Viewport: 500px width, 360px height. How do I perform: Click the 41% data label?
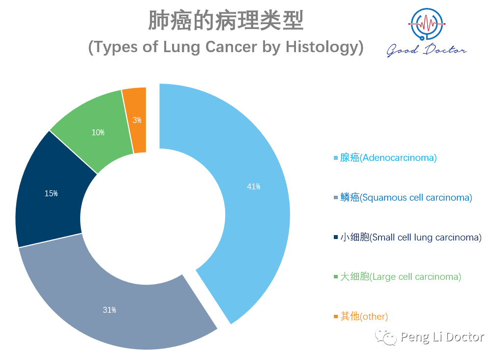coord(254,186)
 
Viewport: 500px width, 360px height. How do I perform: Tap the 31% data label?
coord(109,310)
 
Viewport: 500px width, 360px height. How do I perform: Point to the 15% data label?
coord(51,194)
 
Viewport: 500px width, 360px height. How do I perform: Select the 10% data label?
coord(98,132)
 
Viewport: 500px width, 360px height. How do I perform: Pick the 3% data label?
coord(137,120)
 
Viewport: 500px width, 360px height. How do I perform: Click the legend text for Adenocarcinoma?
coord(388,157)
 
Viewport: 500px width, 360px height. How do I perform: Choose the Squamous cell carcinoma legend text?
coord(406,197)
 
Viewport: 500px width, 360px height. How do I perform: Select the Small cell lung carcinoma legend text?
coord(411,237)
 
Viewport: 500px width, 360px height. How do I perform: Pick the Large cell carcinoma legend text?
coord(401,276)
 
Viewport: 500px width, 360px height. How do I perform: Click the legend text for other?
coord(364,316)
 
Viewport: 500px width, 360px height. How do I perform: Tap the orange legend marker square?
coord(335,316)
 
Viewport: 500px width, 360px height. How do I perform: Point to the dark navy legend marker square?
coord(335,237)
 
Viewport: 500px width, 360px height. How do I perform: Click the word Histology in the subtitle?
coord(322,47)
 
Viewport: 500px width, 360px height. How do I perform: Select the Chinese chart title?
coord(226,20)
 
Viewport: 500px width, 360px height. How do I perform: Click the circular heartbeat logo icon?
coord(427,24)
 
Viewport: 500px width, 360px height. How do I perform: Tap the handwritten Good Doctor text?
coord(426,50)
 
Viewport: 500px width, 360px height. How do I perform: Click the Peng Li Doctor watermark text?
coord(442,337)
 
